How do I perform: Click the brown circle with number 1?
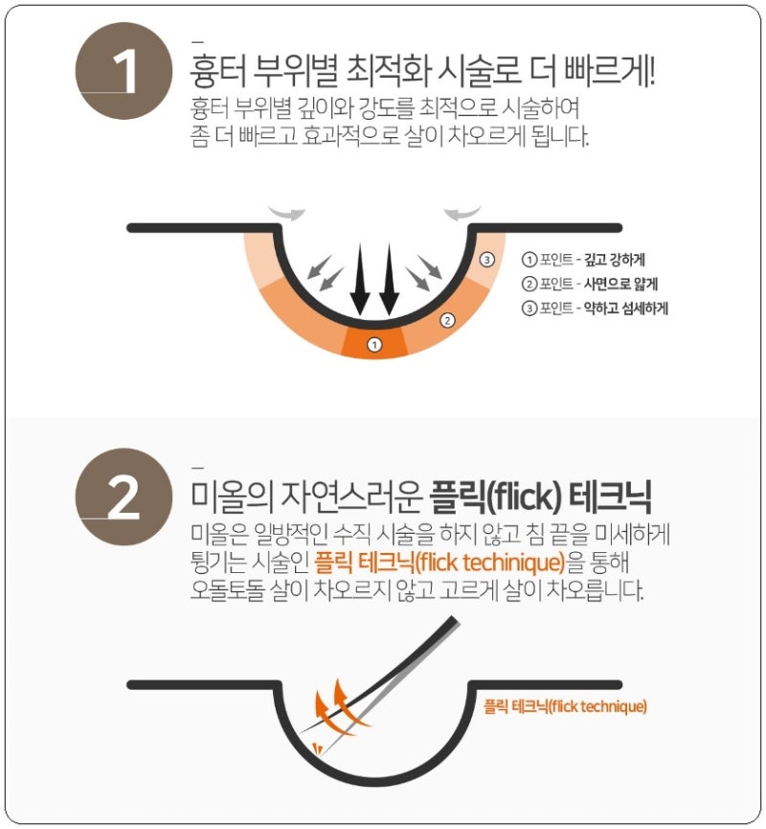(124, 71)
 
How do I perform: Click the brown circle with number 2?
(124, 497)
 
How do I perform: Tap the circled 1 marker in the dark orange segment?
(374, 345)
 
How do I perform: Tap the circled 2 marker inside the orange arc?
(447, 320)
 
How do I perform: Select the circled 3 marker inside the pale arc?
(487, 259)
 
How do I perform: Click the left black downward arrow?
(360, 280)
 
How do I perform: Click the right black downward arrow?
(389, 280)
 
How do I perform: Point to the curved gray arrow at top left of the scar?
(287, 212)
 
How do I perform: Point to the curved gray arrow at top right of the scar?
(462, 212)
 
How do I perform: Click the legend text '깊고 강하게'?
(614, 260)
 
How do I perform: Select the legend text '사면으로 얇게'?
(620, 284)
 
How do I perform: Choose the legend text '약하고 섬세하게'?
(625, 308)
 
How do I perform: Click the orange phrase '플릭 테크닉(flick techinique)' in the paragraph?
(439, 562)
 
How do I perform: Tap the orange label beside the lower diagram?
(565, 706)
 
